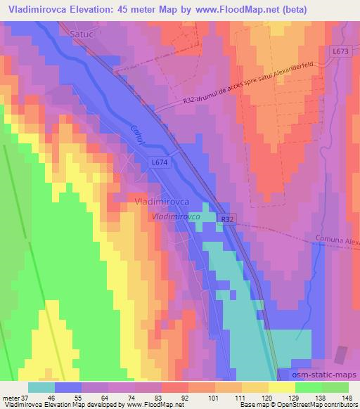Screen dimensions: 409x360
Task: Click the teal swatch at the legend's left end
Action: pyautogui.click(x=41, y=387)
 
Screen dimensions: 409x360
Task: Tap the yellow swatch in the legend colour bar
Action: pyautogui.click(x=282, y=387)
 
